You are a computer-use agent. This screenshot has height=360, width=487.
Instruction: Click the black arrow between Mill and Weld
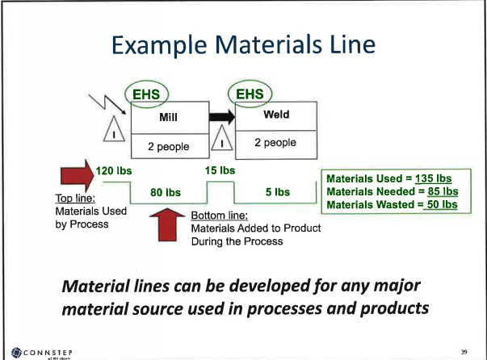[x=222, y=118]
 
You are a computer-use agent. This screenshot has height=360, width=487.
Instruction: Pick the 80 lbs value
[x=166, y=192]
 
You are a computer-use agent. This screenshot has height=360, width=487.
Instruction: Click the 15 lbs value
[x=220, y=170]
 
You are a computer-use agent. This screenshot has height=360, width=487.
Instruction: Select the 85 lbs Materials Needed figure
[x=441, y=191]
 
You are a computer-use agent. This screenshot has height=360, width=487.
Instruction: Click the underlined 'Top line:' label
[x=55, y=199]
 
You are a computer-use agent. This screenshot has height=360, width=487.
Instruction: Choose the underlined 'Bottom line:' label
[x=219, y=216]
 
